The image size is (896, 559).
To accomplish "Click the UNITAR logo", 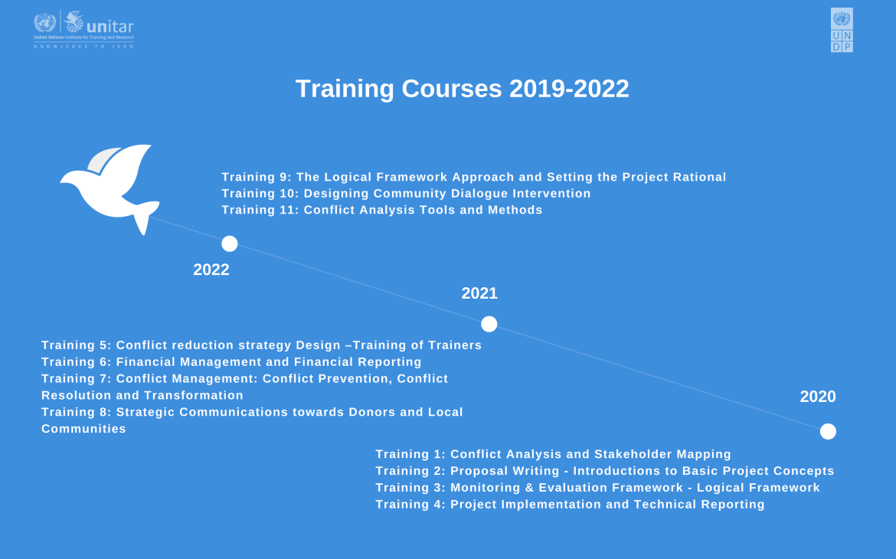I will pyautogui.click(x=83, y=29).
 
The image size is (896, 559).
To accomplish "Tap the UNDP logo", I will pyautogui.click(x=842, y=30).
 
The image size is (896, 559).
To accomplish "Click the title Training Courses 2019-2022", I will pyautogui.click(x=462, y=89).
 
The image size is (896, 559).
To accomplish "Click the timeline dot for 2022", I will pyautogui.click(x=230, y=244).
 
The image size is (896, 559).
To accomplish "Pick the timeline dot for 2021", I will pyautogui.click(x=489, y=324).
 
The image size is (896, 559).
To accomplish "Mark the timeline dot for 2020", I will pyautogui.click(x=828, y=431).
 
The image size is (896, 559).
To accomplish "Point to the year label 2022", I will pyautogui.click(x=211, y=270).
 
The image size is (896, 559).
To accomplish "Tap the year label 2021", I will pyautogui.click(x=479, y=293).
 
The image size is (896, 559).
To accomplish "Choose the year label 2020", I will pyautogui.click(x=818, y=397).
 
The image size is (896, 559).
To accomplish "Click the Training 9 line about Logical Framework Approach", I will pyautogui.click(x=473, y=177).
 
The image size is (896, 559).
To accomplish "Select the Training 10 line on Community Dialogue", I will pyautogui.click(x=406, y=194).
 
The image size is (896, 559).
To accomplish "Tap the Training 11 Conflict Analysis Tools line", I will pyautogui.click(x=381, y=210).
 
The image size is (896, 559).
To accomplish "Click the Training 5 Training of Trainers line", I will pyautogui.click(x=261, y=345).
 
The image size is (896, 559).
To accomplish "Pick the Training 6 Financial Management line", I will pyautogui.click(x=231, y=362).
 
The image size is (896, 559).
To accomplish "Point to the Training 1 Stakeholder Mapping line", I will pyautogui.click(x=553, y=454).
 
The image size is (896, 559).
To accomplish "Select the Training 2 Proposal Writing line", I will pyautogui.click(x=604, y=471).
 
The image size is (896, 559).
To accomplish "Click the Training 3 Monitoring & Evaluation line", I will pyautogui.click(x=597, y=488).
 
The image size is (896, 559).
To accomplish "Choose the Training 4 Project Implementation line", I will pyautogui.click(x=570, y=505).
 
